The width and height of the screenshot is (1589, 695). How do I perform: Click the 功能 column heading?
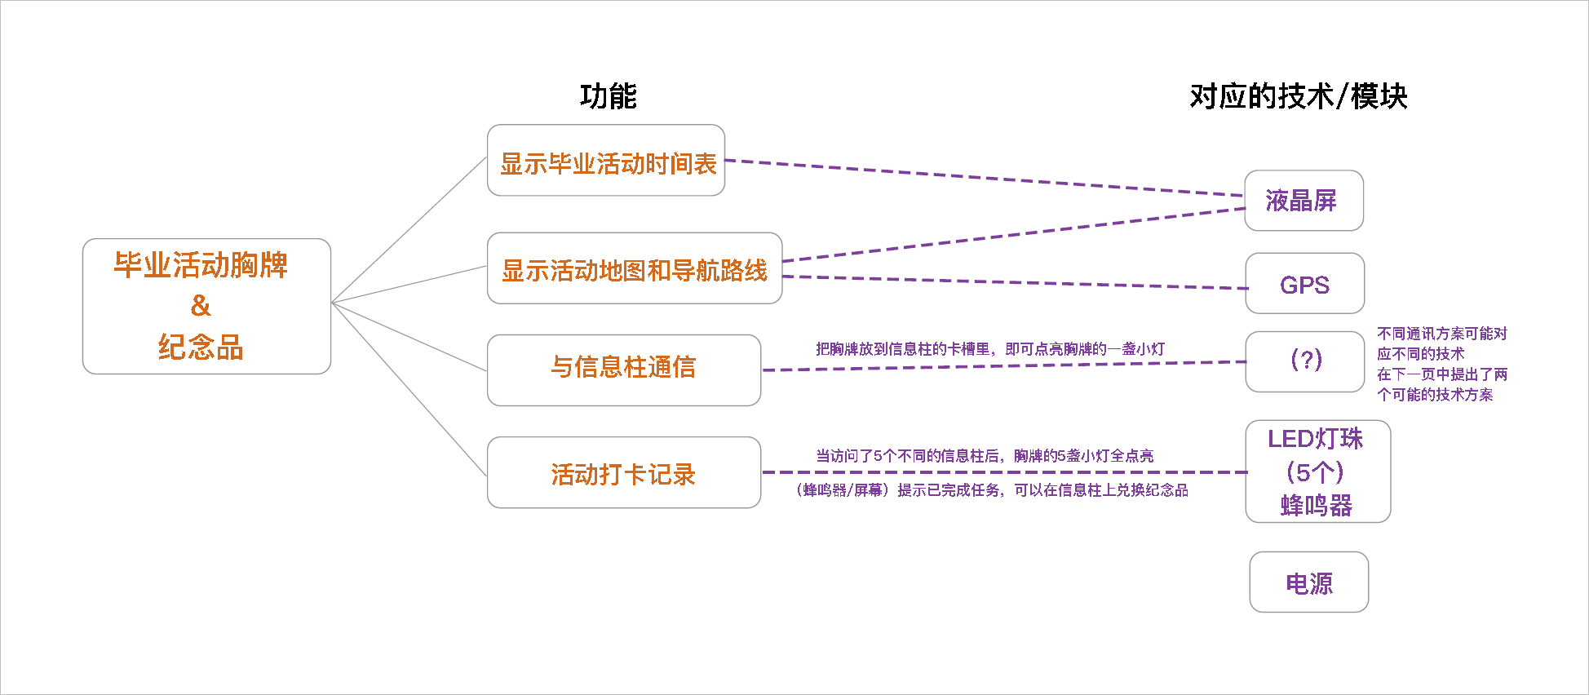click(x=608, y=96)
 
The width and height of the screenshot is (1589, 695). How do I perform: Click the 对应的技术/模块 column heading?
click(x=1298, y=96)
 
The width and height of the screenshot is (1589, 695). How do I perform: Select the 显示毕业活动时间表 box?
click(x=606, y=161)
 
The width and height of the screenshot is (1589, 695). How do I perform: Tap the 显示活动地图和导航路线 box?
click(x=634, y=269)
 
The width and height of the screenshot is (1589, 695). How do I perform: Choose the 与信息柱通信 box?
click(x=623, y=369)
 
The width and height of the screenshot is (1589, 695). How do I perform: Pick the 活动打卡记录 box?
click(x=623, y=473)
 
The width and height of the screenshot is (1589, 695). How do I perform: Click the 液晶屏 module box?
click(x=1303, y=201)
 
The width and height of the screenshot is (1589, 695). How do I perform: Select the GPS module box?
click(x=1304, y=284)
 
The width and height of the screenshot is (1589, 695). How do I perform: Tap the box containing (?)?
click(x=1305, y=361)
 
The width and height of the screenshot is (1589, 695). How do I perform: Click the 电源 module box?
click(x=1308, y=582)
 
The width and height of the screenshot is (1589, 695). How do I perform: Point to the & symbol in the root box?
click(x=201, y=306)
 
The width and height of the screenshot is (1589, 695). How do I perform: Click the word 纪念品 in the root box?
click(x=201, y=347)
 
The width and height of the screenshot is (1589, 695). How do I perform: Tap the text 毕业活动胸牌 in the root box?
click(x=201, y=265)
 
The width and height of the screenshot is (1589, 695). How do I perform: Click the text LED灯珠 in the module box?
click(x=1315, y=439)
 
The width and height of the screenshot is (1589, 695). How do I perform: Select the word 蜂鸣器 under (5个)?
click(x=1317, y=506)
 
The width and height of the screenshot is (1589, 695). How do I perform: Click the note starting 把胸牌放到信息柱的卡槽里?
click(x=990, y=349)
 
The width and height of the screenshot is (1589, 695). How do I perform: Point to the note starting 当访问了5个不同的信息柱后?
click(x=985, y=456)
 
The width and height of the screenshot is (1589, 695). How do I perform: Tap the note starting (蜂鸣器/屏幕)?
click(x=992, y=490)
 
